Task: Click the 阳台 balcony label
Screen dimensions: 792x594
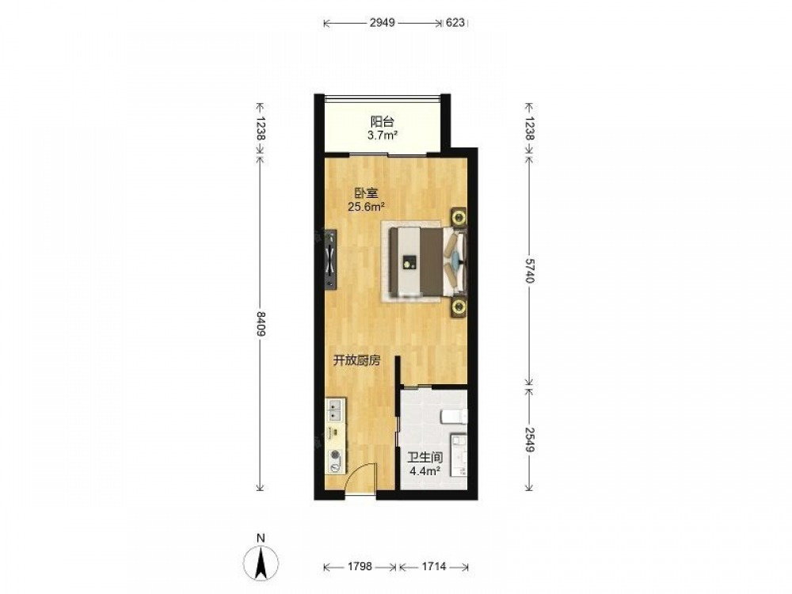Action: [383, 122]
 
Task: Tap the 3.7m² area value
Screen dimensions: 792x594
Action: [383, 135]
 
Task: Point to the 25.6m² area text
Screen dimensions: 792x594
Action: [366, 206]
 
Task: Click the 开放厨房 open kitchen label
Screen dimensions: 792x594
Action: [356, 360]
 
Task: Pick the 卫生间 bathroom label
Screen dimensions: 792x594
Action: [425, 458]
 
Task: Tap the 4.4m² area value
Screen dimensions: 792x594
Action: [425, 472]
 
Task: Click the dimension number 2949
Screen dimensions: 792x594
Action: [383, 23]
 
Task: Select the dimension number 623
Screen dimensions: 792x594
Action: [455, 23]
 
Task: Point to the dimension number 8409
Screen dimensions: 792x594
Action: [261, 325]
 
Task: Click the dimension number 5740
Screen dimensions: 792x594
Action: [529, 271]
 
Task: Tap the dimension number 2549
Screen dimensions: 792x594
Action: [529, 440]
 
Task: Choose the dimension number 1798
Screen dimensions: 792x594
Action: [360, 566]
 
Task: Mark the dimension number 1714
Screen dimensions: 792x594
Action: [434, 566]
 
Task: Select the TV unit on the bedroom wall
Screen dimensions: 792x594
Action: [330, 259]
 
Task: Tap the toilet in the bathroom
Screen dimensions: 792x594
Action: [454, 417]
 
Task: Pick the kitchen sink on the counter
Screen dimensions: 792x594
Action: [336, 409]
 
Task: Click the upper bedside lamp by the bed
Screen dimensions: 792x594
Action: [459, 218]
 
